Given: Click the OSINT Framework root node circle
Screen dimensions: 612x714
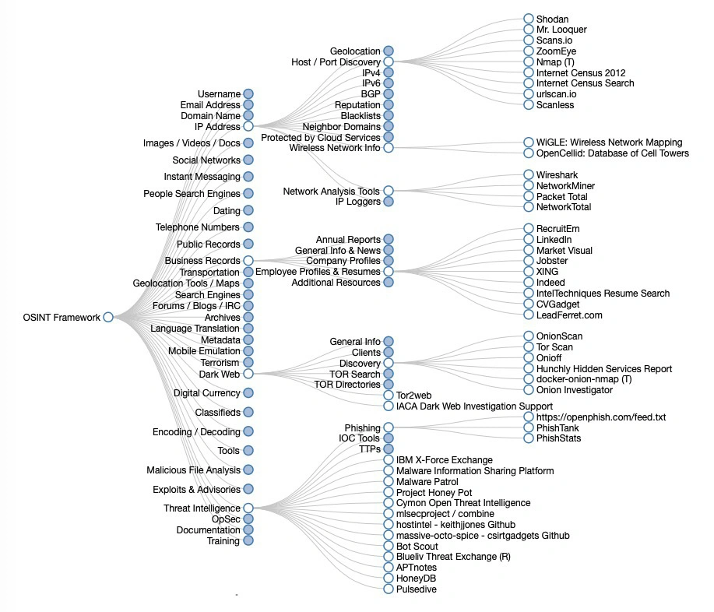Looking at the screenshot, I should (108, 317).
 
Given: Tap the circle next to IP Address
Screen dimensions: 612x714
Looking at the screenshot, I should (248, 126).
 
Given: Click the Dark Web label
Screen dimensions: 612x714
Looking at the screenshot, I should (220, 374).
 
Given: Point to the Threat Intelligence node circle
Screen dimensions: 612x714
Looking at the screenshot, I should (248, 508).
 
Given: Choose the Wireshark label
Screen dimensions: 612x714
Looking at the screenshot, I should (557, 175).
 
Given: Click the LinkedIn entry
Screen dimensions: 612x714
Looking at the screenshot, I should (554, 240).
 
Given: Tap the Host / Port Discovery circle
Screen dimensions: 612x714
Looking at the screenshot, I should (389, 62).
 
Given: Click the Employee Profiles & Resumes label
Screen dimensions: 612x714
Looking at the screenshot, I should (318, 272).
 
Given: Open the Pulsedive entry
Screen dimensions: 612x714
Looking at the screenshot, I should (416, 589).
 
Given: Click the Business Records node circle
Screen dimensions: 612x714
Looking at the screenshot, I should (248, 261).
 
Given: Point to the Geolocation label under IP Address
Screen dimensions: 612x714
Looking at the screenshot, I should (355, 51).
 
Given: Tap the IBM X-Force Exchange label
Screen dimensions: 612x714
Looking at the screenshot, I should (444, 460).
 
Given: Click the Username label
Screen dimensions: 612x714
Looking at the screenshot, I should (219, 94).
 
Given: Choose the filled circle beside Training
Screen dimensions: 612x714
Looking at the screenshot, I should (248, 540).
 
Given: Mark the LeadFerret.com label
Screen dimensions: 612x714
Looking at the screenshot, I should (569, 315).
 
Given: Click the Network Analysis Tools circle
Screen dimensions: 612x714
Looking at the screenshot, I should (389, 191).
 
